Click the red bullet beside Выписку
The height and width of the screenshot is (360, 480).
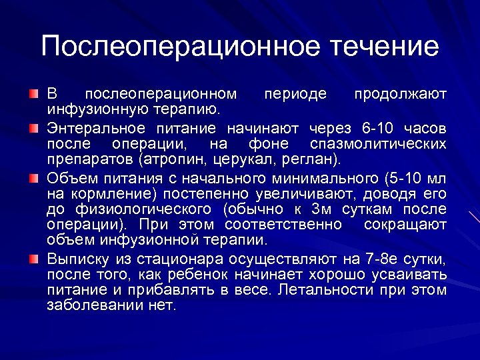pos(34,259)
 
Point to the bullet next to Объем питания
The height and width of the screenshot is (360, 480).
pos(34,179)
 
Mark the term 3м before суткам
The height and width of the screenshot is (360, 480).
pos(321,209)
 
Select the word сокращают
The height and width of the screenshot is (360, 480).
pos(405,225)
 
